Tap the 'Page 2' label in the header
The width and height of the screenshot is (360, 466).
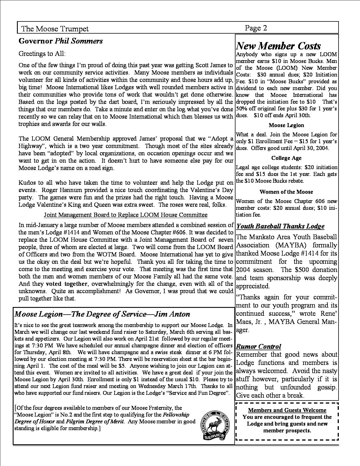[256, 28]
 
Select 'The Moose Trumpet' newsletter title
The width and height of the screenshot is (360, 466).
[55, 29]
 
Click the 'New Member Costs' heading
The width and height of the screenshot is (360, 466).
[278, 46]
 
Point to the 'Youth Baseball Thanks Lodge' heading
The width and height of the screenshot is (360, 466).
[280, 226]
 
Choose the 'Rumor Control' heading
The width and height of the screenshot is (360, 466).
[258, 347]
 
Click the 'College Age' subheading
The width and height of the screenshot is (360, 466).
[286, 158]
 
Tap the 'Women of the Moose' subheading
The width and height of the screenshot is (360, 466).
[286, 192]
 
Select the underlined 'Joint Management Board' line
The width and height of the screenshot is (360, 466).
[126, 215]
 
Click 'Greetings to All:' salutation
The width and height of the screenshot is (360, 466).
[42, 53]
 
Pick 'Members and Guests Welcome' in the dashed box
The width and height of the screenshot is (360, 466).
[287, 410]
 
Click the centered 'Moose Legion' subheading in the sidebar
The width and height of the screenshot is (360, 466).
[286, 125]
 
